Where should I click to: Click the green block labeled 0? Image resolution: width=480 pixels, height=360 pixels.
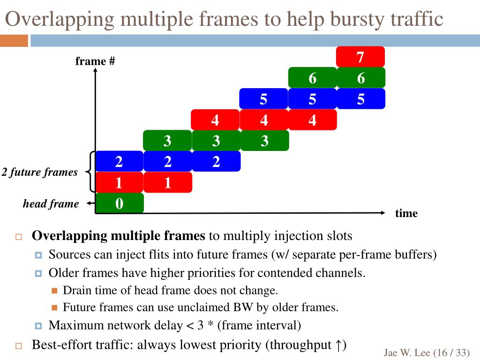(x=120, y=203)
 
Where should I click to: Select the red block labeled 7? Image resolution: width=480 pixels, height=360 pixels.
(x=360, y=57)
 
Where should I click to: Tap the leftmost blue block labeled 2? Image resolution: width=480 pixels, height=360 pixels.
(x=119, y=162)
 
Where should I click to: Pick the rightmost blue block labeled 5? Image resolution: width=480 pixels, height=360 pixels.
(x=360, y=99)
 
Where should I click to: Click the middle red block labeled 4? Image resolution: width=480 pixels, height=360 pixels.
(x=264, y=120)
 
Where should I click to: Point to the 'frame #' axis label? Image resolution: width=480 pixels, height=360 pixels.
(x=95, y=61)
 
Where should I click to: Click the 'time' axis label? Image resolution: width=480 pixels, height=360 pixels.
(x=406, y=213)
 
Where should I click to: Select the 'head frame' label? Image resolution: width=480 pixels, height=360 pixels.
(x=51, y=203)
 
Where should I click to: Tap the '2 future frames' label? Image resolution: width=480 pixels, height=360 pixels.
(x=39, y=172)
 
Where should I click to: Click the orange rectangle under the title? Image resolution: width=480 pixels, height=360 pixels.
(x=14, y=41)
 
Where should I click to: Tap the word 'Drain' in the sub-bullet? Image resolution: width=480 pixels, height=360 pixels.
(x=77, y=290)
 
